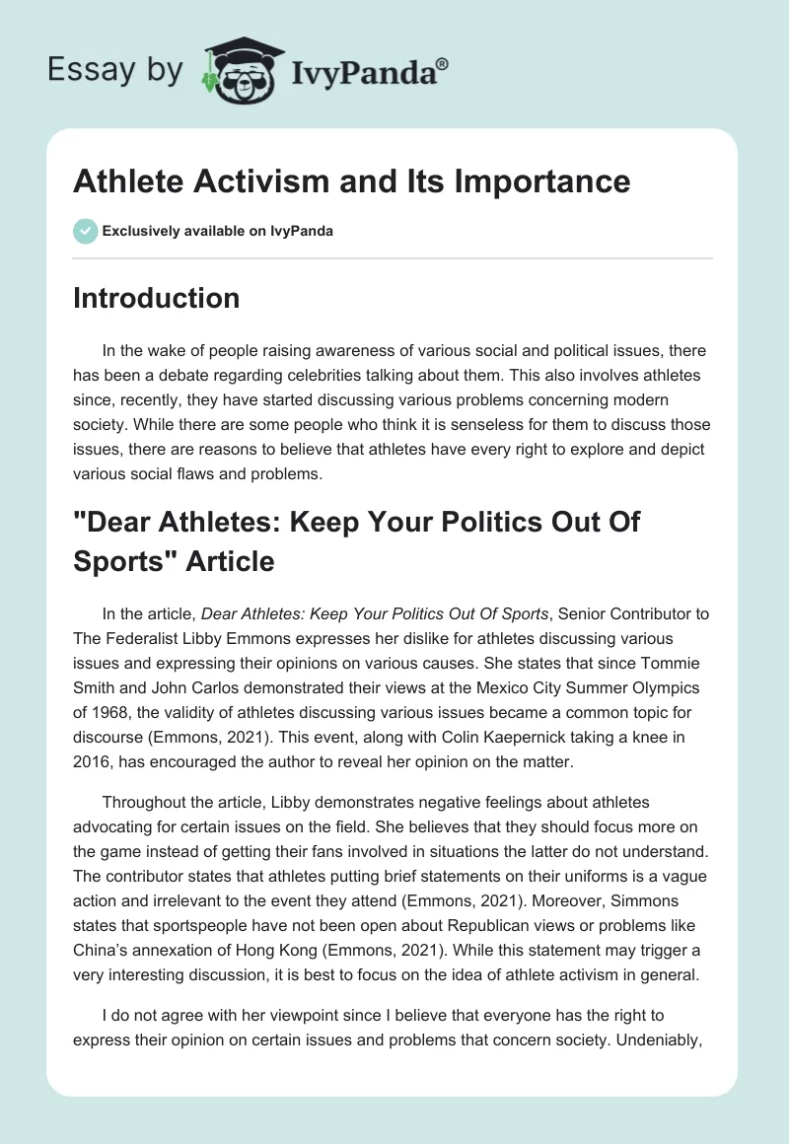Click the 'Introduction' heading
[156, 298]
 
